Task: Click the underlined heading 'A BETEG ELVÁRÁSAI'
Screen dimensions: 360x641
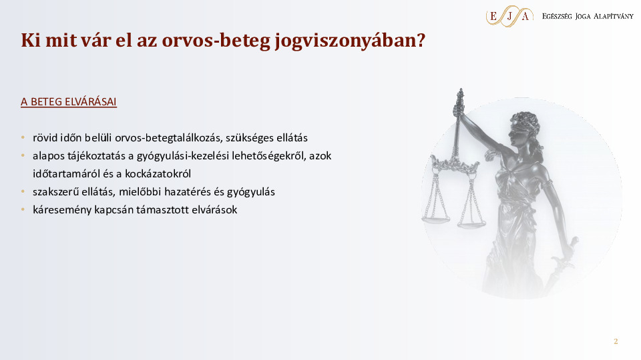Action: (69, 102)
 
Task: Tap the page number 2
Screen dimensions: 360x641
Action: (616, 341)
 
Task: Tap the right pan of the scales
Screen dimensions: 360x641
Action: (471, 224)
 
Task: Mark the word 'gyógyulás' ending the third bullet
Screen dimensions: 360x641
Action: (254, 191)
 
